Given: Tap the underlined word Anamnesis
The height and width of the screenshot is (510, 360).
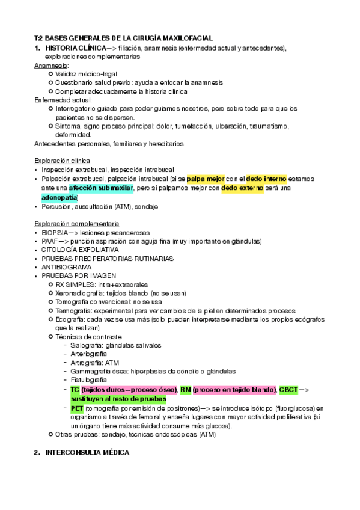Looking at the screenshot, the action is pos(50,64).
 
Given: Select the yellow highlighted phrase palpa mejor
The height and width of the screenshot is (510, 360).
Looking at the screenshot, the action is pos(205,179).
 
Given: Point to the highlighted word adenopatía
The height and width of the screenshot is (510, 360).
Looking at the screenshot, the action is pos(59,197).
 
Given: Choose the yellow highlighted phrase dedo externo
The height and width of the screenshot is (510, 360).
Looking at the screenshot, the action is pos(242,188).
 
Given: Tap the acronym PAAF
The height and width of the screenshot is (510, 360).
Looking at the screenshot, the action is pos(50,241).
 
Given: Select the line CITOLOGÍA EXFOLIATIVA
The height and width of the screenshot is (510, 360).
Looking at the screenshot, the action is pos(80,250).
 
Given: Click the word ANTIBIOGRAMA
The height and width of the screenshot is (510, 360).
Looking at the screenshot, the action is pos(66,267).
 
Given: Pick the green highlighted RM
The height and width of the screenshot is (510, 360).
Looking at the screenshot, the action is pos(185,390).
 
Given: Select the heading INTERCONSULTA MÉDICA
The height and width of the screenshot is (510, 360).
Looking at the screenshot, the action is pos(87,452).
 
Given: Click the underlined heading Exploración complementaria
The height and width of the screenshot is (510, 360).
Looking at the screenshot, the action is pos(77,223).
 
